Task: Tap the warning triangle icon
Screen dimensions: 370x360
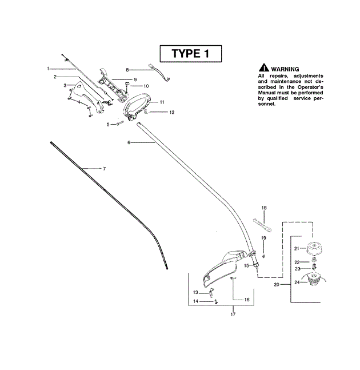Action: click(263, 68)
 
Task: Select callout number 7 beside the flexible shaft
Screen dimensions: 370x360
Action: click(104, 169)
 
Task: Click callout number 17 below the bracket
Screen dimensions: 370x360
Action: click(233, 315)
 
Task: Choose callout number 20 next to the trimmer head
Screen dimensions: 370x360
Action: click(277, 284)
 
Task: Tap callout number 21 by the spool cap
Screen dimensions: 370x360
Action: click(297, 248)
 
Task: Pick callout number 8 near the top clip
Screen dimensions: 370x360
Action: click(128, 69)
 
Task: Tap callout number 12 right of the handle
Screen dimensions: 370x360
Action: click(171, 113)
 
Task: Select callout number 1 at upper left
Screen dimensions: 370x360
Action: click(49, 69)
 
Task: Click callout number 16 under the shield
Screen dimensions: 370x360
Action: click(247, 299)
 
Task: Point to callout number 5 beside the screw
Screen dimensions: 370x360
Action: click(108, 124)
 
